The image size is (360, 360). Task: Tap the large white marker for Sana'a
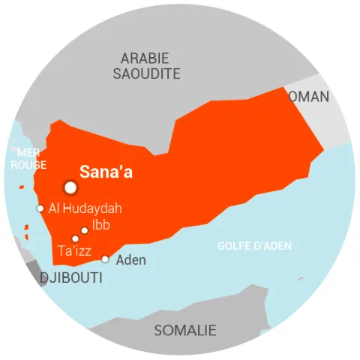tap(70, 187)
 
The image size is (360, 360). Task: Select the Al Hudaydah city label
tap(85, 208)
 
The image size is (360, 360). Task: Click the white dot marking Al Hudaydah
tap(40, 208)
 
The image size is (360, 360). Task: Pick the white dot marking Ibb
tap(85, 230)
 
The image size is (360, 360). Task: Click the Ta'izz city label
tap(74, 250)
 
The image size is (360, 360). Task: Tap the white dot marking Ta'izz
tap(75, 238)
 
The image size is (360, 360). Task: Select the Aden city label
tap(130, 260)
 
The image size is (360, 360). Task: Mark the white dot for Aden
tap(105, 259)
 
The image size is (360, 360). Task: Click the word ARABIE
tap(145, 58)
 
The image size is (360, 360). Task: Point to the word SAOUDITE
tap(147, 73)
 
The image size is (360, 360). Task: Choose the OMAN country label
tap(308, 97)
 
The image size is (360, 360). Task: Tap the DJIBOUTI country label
tap(70, 278)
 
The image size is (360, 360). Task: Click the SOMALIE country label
tap(185, 330)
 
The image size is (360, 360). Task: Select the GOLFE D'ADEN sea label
tap(254, 246)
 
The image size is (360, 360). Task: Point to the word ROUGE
tap(28, 165)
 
